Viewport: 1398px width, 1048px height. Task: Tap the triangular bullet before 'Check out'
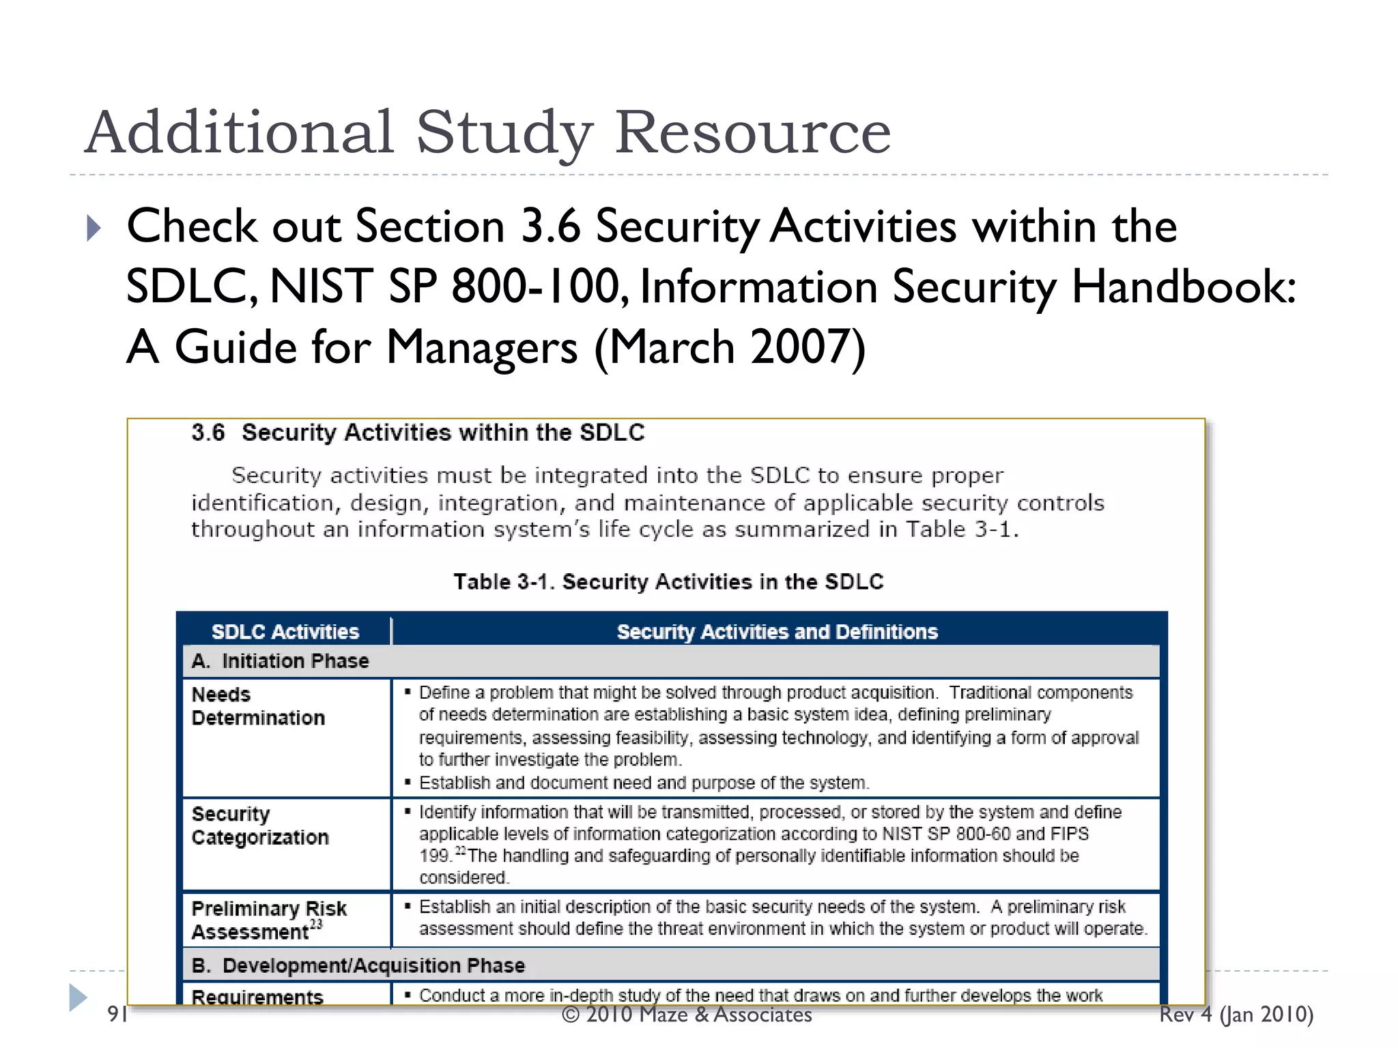[94, 228]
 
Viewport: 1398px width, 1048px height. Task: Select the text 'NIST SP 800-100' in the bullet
[444, 287]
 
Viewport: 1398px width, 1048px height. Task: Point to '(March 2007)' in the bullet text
[730, 347]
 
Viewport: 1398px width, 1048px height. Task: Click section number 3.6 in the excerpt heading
[208, 433]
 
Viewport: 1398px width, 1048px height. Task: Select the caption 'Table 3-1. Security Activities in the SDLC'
[668, 582]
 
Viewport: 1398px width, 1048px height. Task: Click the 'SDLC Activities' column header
[285, 632]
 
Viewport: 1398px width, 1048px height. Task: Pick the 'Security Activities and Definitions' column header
[777, 632]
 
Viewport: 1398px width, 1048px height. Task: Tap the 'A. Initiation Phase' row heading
[280, 661]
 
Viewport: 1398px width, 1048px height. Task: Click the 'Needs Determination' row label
[258, 706]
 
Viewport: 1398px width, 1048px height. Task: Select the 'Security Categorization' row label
[260, 826]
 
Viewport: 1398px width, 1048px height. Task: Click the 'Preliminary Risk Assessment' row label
[269, 920]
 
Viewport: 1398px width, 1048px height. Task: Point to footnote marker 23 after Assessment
[316, 925]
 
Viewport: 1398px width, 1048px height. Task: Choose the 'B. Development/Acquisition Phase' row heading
[358, 965]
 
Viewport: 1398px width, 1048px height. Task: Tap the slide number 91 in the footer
[117, 1015]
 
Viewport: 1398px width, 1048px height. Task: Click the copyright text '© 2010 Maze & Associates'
[687, 1015]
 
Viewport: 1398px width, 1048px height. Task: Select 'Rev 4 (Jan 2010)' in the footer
[1236, 1015]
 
